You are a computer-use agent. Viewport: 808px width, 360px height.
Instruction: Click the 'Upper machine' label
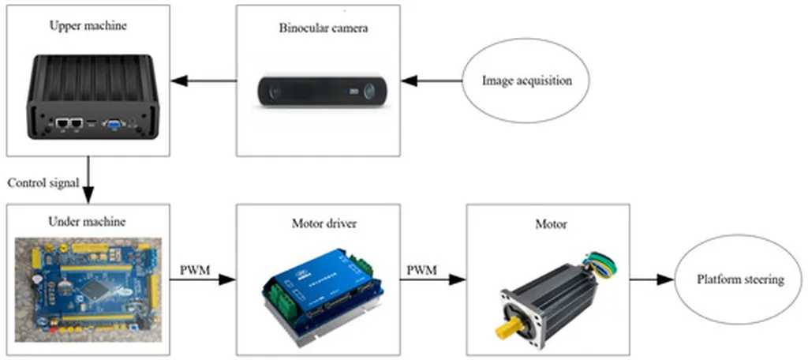[x=88, y=26]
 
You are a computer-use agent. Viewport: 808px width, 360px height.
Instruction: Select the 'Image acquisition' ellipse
[x=526, y=81]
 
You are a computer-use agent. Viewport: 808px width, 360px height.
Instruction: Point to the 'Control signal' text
[x=43, y=184]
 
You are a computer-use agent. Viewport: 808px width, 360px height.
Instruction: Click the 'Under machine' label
[x=87, y=223]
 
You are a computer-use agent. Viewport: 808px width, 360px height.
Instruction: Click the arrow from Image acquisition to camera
[x=432, y=81]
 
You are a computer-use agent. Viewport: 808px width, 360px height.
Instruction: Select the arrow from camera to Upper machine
[x=204, y=81]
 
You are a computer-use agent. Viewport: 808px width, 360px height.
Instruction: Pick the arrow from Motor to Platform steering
[x=652, y=280]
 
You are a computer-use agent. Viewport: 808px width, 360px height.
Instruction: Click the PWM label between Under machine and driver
[x=195, y=270]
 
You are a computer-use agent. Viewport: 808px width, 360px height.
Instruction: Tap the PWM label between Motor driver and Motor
[x=422, y=270]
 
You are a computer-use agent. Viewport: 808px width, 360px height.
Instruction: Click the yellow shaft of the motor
[x=507, y=328]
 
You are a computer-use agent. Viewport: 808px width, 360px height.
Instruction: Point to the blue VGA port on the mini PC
[x=111, y=124]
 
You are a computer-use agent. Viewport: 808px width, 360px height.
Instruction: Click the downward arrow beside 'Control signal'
[x=88, y=180]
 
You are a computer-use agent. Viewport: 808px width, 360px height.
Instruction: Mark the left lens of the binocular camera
[x=275, y=92]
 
